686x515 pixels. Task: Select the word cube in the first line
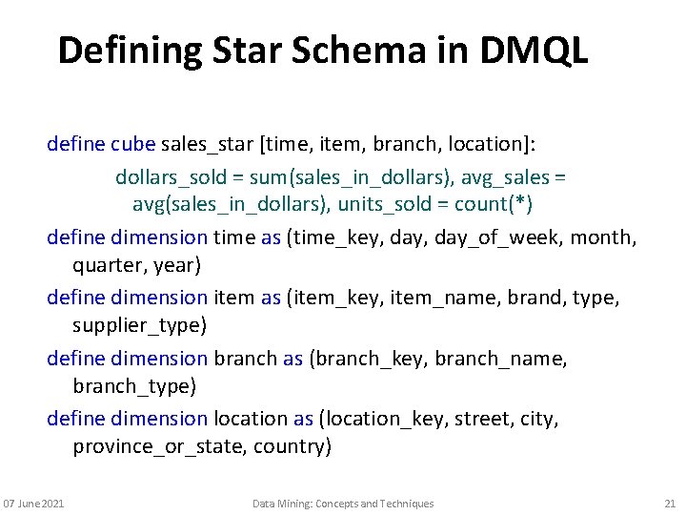[x=132, y=144]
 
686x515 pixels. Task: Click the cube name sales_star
[x=207, y=144]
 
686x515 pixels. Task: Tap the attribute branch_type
[x=134, y=385]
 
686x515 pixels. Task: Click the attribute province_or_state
[x=158, y=446]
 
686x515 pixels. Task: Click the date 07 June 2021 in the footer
[x=34, y=504]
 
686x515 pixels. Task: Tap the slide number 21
[x=669, y=504]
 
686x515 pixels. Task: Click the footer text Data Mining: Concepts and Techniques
[x=343, y=504]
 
